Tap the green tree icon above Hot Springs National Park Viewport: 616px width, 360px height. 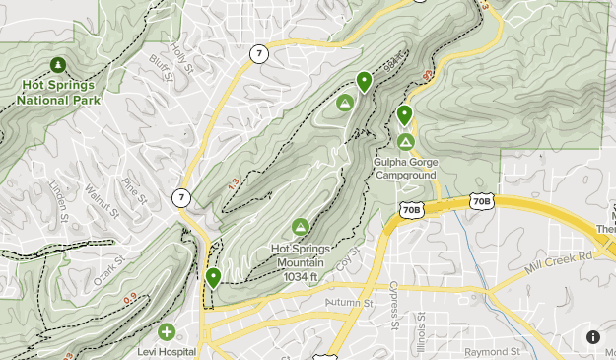(57, 66)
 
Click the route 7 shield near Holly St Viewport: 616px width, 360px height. (258, 54)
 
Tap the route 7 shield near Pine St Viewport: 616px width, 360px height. (180, 197)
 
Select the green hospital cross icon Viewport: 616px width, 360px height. (167, 332)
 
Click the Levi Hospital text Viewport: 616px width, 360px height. (167, 351)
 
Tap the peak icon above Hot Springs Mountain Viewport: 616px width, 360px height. (301, 228)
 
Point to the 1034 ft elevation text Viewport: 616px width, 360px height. (301, 277)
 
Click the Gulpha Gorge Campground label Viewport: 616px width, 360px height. (405, 169)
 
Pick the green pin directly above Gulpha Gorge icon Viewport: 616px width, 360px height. (404, 115)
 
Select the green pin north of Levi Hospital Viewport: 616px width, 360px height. (213, 278)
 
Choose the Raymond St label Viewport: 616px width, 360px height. (494, 351)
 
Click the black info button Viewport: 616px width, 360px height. (593, 337)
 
